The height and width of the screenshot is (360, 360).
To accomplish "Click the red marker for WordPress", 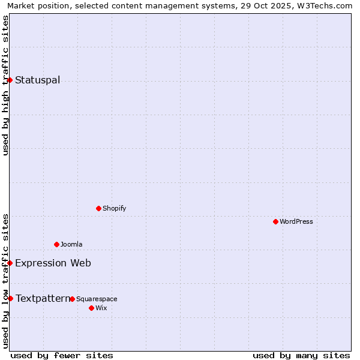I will (275, 221).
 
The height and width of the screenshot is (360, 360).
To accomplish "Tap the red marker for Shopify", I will (98, 208).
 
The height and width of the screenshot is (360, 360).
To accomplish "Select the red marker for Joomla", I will (56, 244).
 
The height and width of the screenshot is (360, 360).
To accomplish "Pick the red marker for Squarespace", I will (72, 299).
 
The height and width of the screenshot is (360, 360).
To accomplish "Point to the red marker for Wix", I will (91, 308).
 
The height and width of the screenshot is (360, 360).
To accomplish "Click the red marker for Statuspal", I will (10, 80).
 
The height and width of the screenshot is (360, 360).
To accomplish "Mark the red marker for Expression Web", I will (10, 263).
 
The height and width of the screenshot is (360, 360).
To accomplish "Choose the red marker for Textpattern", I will (10, 298).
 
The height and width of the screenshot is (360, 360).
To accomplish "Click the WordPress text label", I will (296, 221).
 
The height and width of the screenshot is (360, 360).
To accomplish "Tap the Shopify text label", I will (114, 208).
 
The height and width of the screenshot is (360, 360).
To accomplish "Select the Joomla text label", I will (71, 244).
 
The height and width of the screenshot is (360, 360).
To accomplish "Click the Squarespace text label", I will (97, 299).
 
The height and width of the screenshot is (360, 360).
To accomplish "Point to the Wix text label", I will (101, 308).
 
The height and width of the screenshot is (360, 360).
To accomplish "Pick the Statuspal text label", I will (37, 80).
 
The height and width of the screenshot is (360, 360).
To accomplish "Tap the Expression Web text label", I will (53, 263).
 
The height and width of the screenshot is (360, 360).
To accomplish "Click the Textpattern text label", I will (42, 298).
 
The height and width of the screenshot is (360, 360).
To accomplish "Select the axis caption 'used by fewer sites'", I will (62, 355).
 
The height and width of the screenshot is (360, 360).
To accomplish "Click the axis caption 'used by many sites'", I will (301, 355).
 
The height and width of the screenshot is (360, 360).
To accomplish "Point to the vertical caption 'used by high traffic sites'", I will (5, 85).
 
